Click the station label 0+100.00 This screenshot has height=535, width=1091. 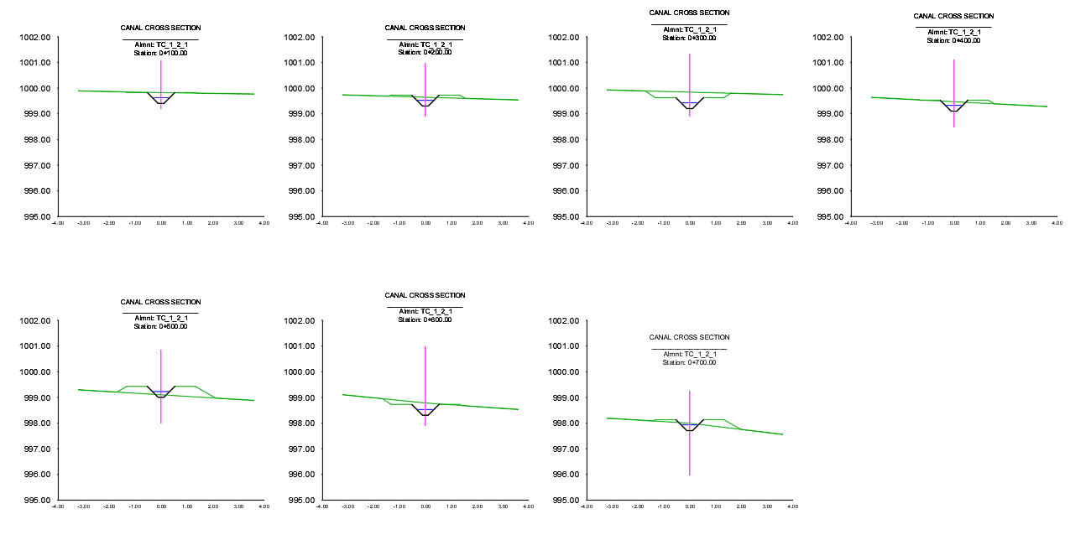point(160,53)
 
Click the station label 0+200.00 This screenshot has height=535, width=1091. point(425,52)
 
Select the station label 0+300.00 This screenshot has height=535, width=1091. point(689,38)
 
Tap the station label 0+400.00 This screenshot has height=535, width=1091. point(953,40)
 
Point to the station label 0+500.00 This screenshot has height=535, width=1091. point(160,326)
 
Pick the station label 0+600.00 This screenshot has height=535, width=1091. point(425,319)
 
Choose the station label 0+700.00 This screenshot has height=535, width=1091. point(689,362)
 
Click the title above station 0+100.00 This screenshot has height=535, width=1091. point(160,28)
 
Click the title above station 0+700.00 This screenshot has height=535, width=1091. point(689,337)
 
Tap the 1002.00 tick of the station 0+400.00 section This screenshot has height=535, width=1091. point(827,38)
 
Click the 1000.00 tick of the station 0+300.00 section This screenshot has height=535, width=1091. point(562,89)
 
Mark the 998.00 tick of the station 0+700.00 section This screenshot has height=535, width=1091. point(562,423)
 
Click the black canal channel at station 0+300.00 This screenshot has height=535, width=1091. point(690,108)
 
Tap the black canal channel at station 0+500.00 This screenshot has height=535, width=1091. point(160,397)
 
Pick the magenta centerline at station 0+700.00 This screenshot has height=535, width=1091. point(690,453)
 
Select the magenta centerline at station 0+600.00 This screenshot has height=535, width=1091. point(425,369)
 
